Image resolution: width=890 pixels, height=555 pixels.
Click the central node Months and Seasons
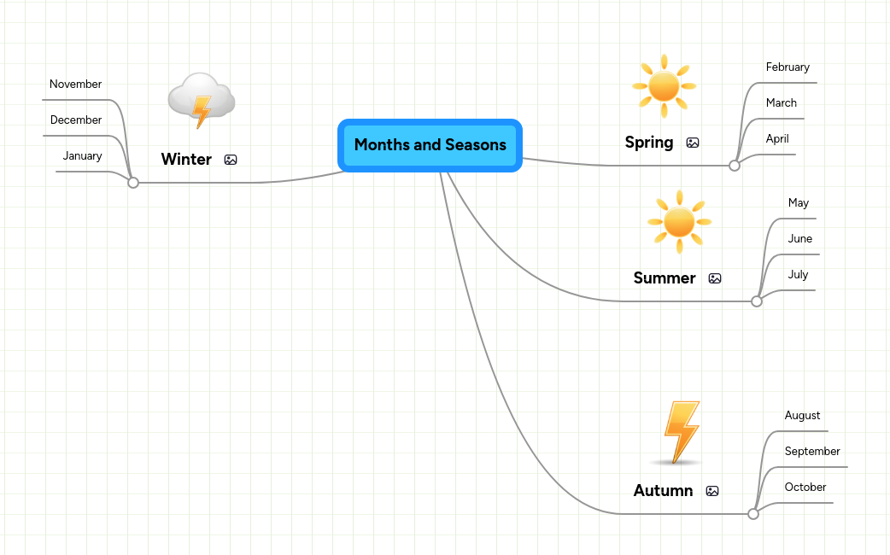coord(430,145)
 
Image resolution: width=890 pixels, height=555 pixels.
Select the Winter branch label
coord(186,160)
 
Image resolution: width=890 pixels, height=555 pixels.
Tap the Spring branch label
coord(649,143)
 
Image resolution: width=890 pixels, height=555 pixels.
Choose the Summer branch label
coord(665,278)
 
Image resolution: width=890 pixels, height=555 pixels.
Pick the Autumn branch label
coord(663,491)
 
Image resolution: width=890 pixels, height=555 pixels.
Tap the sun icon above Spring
coord(664,85)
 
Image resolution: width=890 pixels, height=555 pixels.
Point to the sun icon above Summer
coord(679,221)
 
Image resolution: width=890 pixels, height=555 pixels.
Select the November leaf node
coord(75,85)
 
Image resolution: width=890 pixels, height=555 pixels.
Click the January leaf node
coord(82,156)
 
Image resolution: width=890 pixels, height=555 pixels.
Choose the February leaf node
coord(788,67)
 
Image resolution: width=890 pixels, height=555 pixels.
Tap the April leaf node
coord(777,139)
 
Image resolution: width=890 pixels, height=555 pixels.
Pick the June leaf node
coord(800,239)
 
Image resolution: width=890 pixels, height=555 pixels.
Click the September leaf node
coord(812,452)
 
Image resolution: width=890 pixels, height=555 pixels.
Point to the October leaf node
coord(805,488)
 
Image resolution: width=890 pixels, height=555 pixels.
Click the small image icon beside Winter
coord(231,160)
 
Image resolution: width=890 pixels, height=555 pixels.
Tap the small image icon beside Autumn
coord(712,491)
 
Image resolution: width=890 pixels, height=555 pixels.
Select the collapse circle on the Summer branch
coord(757,301)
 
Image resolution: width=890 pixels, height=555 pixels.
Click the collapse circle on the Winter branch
coord(133,182)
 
